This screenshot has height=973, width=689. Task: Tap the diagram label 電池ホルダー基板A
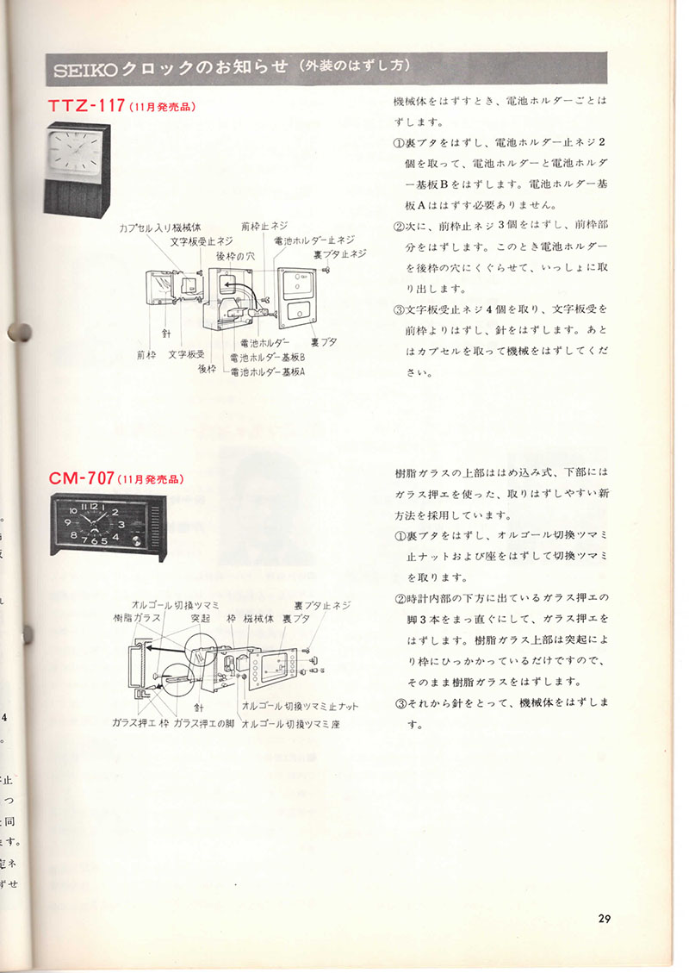(x=268, y=371)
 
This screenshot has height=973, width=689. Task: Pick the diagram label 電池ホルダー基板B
(x=268, y=357)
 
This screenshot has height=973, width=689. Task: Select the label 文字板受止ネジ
(x=202, y=241)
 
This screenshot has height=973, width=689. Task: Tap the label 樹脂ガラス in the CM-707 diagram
(x=136, y=618)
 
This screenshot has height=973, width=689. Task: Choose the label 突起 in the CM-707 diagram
(x=200, y=618)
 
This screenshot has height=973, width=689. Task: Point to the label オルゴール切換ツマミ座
(x=291, y=724)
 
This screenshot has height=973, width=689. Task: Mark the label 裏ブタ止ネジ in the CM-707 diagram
(x=322, y=605)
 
